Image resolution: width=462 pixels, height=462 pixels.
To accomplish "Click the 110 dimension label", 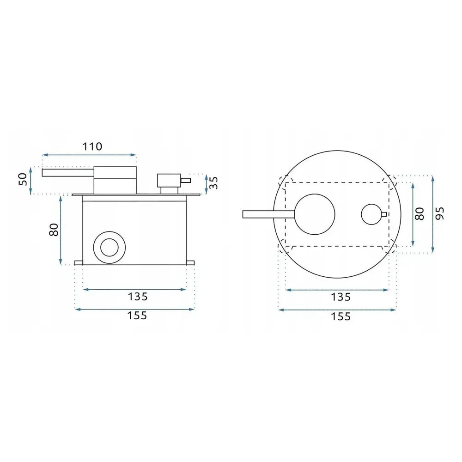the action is [x=92, y=146].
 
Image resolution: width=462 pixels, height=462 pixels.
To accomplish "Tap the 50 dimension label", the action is [x=23, y=179].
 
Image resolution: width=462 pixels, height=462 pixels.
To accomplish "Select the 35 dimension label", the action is [x=213, y=182].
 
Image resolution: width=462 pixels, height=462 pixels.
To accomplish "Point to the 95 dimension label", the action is [x=440, y=213].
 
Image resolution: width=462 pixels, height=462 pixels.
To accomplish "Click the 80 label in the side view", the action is [x=54, y=230].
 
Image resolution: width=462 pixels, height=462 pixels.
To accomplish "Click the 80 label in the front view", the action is [x=419, y=214].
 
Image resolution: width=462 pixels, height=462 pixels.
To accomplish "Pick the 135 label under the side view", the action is [x=137, y=297].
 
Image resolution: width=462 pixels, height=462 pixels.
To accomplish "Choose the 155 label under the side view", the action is [x=137, y=316].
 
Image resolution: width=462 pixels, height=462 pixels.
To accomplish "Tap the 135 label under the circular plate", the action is [x=341, y=297].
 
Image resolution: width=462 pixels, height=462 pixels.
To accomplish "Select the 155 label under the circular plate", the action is [x=341, y=316].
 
